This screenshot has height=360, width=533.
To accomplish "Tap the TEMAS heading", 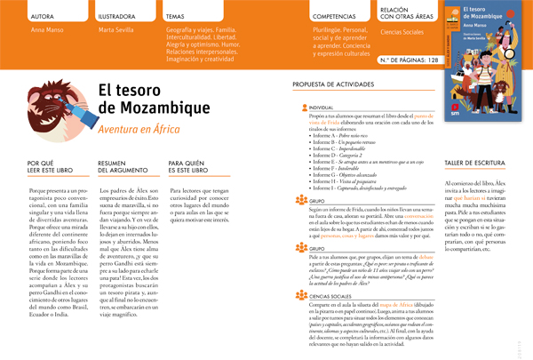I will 176,17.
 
